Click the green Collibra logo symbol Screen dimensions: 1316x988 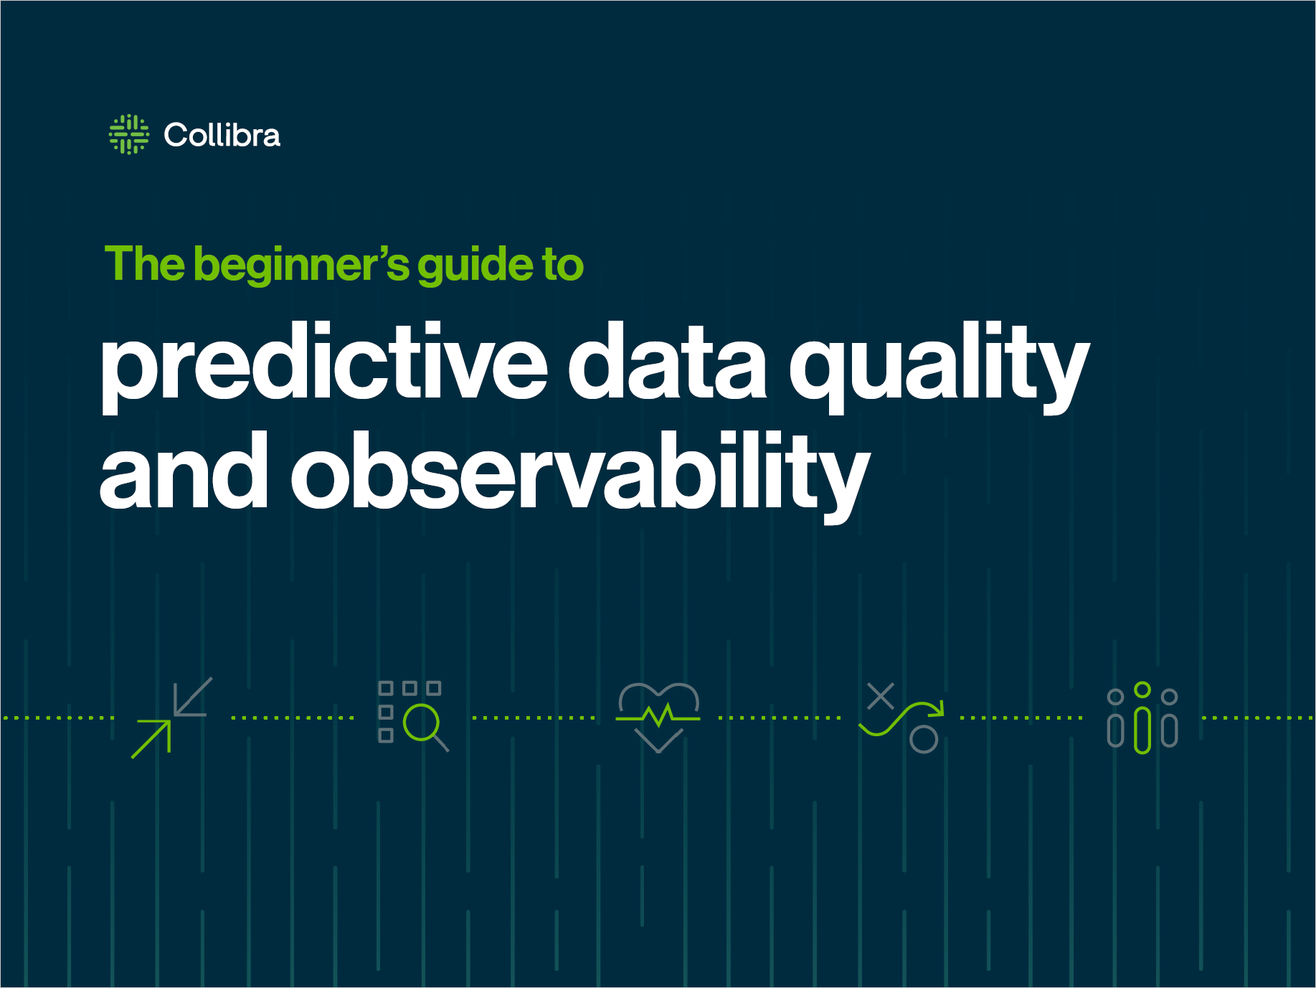tap(129, 134)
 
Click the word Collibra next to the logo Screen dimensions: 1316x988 tap(222, 135)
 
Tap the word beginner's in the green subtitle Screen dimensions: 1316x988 tap(301, 266)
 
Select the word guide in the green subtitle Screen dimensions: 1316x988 tap(475, 266)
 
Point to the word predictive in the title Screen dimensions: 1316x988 tap(325, 367)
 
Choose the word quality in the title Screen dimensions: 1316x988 tap(939, 367)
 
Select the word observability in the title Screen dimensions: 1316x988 tap(581, 476)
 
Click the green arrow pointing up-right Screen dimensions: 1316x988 tap(151, 739)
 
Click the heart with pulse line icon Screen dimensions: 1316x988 tap(658, 707)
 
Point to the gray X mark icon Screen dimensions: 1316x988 tap(881, 696)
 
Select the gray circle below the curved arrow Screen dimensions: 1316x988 tap(924, 739)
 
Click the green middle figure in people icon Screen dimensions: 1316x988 tap(1142, 718)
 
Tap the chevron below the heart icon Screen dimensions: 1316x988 tap(658, 741)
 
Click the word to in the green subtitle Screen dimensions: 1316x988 tap(563, 265)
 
